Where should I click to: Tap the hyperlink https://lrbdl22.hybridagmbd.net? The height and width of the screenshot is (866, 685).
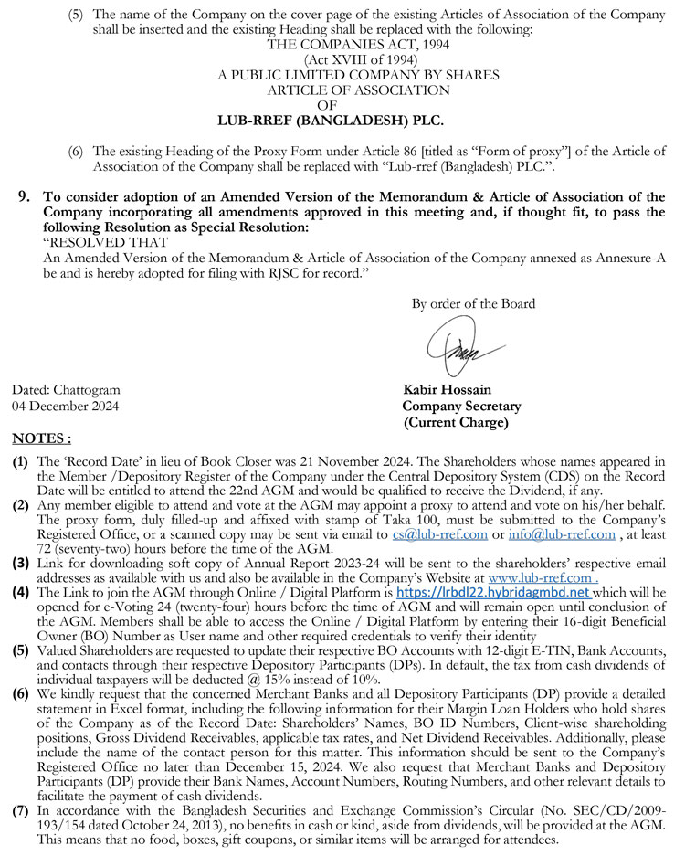[x=492, y=592]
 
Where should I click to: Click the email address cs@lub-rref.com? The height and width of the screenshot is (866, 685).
[x=425, y=533]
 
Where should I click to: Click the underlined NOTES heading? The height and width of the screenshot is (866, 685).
[x=41, y=439]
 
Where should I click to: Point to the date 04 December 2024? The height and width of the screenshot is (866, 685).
[x=65, y=407]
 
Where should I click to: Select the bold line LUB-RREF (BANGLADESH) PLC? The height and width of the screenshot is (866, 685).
[x=331, y=120]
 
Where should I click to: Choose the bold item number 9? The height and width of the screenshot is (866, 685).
[x=25, y=196]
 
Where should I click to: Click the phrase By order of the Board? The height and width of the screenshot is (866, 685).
[x=473, y=304]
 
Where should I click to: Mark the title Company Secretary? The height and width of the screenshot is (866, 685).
[x=461, y=407]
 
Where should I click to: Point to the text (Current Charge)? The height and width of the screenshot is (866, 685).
[x=455, y=422]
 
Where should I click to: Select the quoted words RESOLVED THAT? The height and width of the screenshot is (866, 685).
[x=105, y=242]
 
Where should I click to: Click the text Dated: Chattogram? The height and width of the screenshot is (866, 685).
[x=66, y=391]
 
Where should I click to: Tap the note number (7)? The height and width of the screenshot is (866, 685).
[x=19, y=811]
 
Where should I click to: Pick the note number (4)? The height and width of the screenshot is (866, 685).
[x=19, y=593]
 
